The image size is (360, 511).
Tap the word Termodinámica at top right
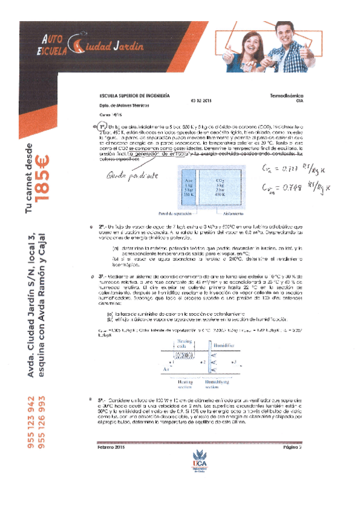tap(286, 95)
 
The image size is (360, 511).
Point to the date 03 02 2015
tap(201, 101)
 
